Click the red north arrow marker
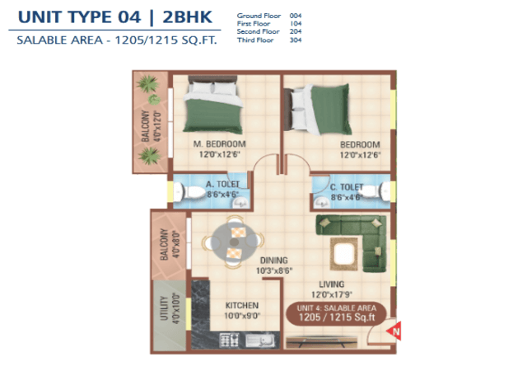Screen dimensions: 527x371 coord(394,331)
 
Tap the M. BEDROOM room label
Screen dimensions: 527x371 coord(220,144)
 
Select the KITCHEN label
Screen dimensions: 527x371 coord(242,305)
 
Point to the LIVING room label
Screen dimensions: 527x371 coord(331,284)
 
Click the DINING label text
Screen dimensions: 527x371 coord(274,261)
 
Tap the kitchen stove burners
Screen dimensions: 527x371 coord(229,340)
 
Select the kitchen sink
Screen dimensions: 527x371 coord(260,340)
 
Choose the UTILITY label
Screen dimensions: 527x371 coord(164,308)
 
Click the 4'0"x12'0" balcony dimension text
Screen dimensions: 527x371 coord(157,125)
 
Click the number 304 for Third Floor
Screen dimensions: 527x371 coord(296,40)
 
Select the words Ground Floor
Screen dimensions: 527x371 coord(259,16)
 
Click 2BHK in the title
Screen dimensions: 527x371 coord(187,17)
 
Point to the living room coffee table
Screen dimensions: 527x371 coord(344,254)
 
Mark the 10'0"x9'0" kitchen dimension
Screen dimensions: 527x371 coord(242,316)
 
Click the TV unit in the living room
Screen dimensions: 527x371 coord(321,342)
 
